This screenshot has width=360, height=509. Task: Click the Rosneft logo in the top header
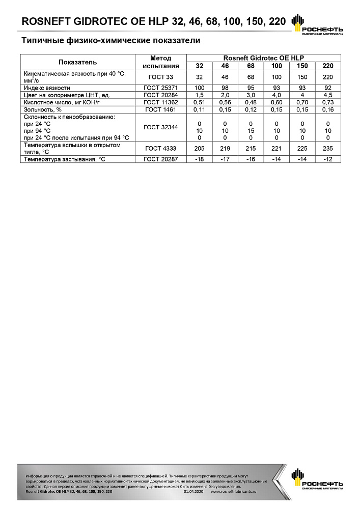[316, 25]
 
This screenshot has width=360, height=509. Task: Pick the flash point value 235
[328, 148]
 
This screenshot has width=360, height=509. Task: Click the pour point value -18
[199, 160]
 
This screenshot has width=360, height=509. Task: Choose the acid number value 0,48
[251, 102]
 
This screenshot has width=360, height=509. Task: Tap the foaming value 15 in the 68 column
[251, 131]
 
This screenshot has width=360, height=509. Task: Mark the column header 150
[302, 66]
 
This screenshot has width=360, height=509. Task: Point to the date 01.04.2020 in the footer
[193, 492]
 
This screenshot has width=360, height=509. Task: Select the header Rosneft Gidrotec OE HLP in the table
[263, 58]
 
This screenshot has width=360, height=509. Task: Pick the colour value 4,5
[328, 95]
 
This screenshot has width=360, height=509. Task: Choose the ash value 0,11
[199, 109]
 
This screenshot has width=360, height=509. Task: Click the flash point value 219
[225, 148]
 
